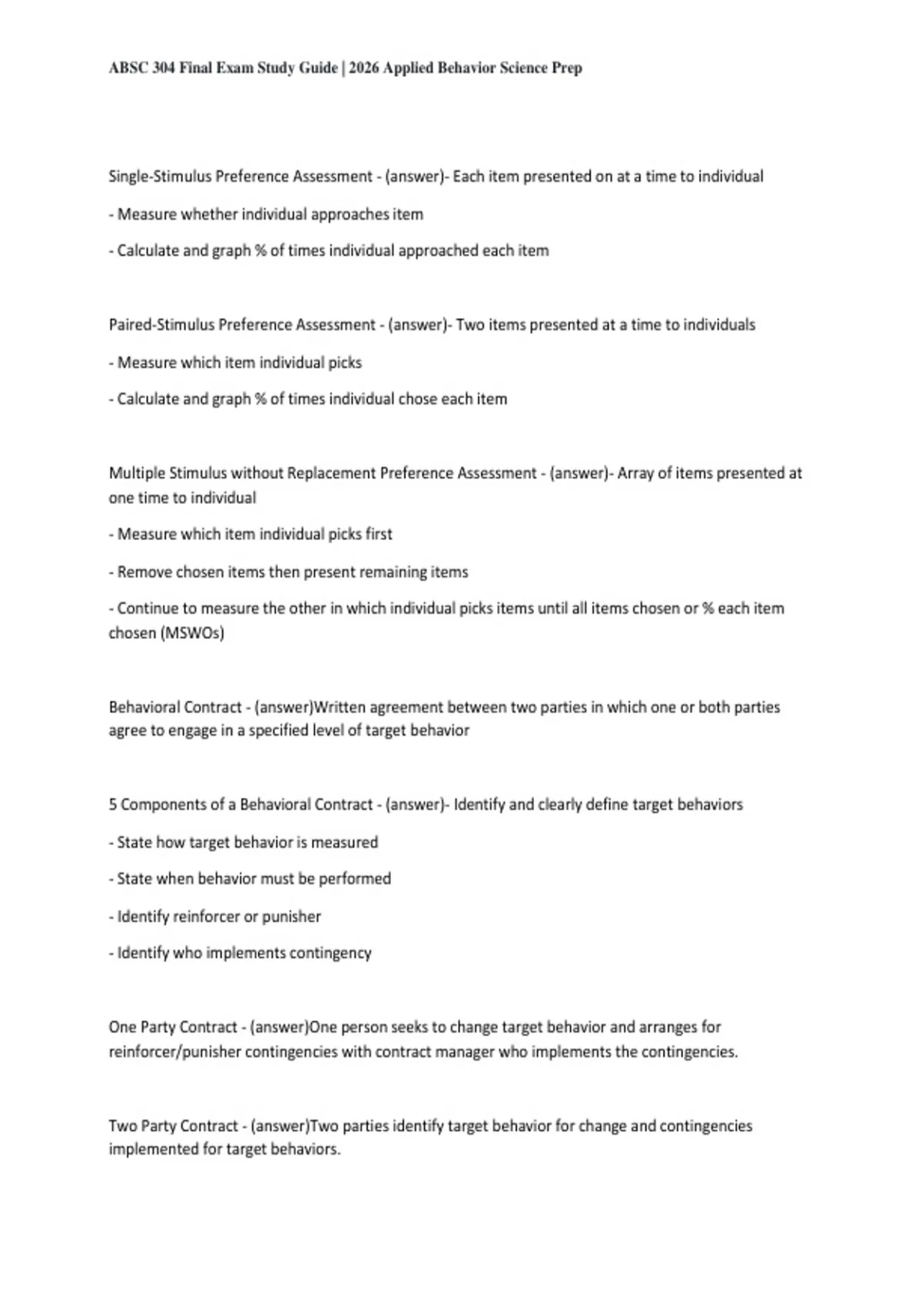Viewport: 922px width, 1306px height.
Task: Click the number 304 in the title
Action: pyautogui.click(x=164, y=68)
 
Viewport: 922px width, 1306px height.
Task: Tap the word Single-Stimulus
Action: pyautogui.click(x=160, y=177)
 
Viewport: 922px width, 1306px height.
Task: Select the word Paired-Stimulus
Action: pyautogui.click(x=161, y=325)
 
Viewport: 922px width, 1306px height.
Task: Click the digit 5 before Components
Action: pyautogui.click(x=113, y=804)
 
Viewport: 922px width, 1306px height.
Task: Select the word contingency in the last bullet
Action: pyautogui.click(x=332, y=953)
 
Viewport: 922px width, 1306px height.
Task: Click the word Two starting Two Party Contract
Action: pyautogui.click(x=122, y=1126)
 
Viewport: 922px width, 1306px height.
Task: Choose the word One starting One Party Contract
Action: pyautogui.click(x=122, y=1027)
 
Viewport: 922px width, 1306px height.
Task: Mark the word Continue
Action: pyautogui.click(x=148, y=608)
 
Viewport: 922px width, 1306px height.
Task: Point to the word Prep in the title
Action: pyautogui.click(x=567, y=68)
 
